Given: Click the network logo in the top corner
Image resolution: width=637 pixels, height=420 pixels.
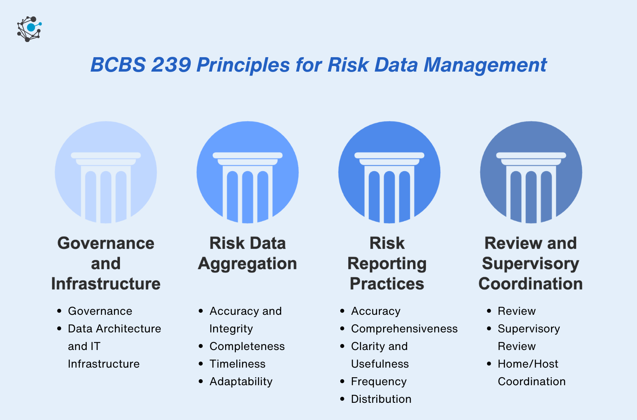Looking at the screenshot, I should pyautogui.click(x=29, y=29).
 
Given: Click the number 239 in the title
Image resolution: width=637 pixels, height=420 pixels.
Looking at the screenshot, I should pyautogui.click(x=171, y=65).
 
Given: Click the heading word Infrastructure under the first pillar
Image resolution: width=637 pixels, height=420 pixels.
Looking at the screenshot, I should pyautogui.click(x=106, y=284).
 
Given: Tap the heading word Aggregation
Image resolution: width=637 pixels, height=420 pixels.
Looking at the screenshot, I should pyautogui.click(x=248, y=264).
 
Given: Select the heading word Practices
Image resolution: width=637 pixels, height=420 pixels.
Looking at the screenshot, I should pyautogui.click(x=387, y=284).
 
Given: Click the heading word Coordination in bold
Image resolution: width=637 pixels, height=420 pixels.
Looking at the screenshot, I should pyautogui.click(x=531, y=284).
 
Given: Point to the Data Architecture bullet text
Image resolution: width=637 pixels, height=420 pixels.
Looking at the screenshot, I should pyautogui.click(x=114, y=328).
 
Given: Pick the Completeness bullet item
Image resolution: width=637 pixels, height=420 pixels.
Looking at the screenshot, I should pyautogui.click(x=247, y=346).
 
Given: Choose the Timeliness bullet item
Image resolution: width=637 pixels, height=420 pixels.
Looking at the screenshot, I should pyautogui.click(x=238, y=364).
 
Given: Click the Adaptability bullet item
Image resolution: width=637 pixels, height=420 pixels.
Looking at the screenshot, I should pyautogui.click(x=241, y=381).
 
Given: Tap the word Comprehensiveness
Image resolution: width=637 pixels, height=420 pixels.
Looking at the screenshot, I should pyautogui.click(x=404, y=328).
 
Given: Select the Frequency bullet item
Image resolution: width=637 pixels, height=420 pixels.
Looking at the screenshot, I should pyautogui.click(x=379, y=381).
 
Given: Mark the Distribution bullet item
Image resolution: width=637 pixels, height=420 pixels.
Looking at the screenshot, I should pyautogui.click(x=381, y=399).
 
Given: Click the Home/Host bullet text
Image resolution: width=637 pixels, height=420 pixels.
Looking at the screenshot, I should pyautogui.click(x=528, y=364).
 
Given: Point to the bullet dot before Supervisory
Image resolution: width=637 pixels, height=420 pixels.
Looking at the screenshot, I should pyautogui.click(x=489, y=328).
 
